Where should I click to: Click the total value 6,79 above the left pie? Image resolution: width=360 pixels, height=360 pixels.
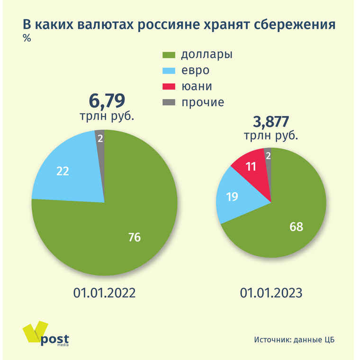coord(107,100)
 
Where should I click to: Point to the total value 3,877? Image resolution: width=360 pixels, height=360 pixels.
coord(270,122)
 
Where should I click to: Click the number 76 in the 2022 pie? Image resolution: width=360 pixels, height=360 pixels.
coord(135,237)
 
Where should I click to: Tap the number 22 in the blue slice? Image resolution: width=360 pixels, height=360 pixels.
coord(63,171)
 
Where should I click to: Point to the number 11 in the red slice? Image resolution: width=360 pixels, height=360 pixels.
coord(251,166)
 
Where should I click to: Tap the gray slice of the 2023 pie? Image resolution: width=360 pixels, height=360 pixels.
coord(268,156)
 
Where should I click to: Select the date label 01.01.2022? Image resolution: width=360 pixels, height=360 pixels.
coord(104,293)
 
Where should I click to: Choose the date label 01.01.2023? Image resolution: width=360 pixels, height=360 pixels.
coord(271,293)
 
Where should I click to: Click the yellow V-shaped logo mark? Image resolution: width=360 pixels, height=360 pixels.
coord(35,333)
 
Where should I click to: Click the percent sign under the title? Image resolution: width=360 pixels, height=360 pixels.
coord(27,39)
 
